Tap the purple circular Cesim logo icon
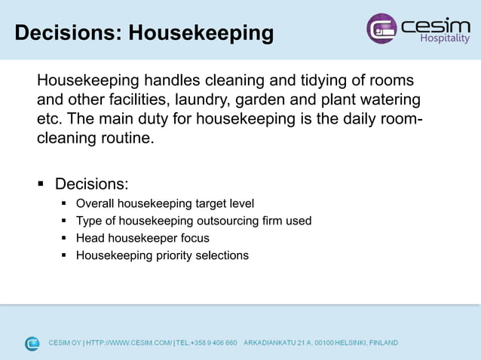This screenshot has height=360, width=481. (381, 29)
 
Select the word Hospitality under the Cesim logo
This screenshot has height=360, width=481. (444, 38)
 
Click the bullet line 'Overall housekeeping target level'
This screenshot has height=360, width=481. (165, 203)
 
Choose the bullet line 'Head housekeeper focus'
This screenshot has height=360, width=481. (142, 238)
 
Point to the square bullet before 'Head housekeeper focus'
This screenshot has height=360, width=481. (65, 238)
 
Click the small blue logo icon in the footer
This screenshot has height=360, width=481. (32, 343)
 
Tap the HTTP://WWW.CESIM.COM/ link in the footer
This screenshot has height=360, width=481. (129, 343)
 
